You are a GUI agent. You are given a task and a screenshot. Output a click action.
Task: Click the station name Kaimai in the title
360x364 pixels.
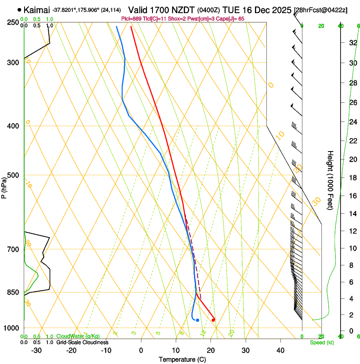pos(37,9)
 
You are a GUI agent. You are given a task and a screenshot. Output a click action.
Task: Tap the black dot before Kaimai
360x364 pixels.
pos(19,9)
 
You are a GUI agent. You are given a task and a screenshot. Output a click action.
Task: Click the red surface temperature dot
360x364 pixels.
pos(213,320)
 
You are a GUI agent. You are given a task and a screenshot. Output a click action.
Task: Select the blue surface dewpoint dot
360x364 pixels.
pos(197,320)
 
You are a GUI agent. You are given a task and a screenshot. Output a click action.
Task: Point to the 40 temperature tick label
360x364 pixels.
pos(280,350)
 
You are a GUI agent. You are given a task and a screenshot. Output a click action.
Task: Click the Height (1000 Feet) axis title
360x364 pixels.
pos(331,180)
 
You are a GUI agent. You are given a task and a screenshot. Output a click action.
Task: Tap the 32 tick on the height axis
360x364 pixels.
pos(352,43)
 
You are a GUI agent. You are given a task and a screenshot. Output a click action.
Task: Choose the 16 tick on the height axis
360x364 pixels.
pos(352,196)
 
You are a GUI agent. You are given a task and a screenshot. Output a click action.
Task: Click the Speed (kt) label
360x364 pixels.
pos(321,342)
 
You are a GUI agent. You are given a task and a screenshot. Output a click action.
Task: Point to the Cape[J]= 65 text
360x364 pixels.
pos(232,19)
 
